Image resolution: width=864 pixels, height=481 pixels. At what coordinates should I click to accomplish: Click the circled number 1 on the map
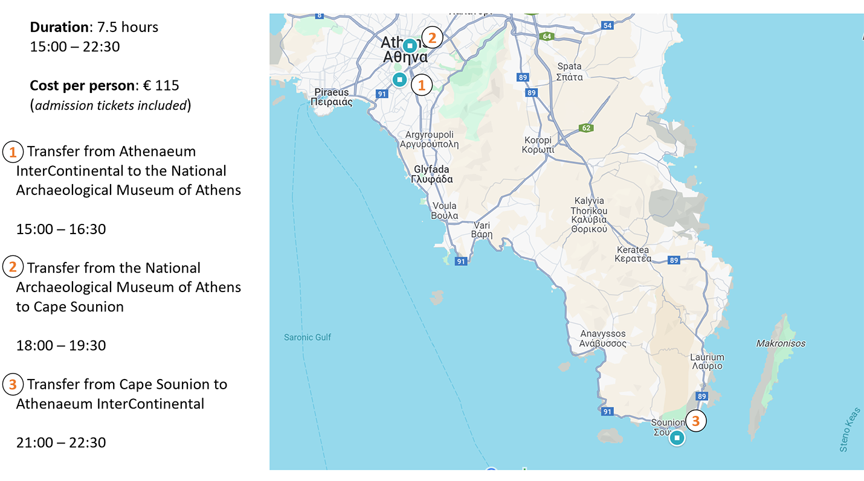click(x=422, y=85)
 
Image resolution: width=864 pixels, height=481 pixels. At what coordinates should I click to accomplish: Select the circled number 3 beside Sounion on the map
click(x=695, y=421)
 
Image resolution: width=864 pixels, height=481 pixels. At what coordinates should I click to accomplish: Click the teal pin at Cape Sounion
click(x=677, y=438)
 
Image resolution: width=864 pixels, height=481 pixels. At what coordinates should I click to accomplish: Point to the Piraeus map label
click(x=331, y=97)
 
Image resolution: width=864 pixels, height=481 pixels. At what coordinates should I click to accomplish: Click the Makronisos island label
click(x=780, y=343)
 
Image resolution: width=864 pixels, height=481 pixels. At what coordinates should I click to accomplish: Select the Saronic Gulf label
click(x=308, y=337)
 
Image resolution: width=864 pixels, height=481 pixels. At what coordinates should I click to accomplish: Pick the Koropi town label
click(x=538, y=145)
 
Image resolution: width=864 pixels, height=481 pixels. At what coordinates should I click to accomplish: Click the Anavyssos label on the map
click(x=603, y=339)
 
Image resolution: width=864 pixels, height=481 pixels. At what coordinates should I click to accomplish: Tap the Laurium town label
click(x=707, y=362)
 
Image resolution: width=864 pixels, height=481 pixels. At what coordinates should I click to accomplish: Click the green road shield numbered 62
click(x=585, y=128)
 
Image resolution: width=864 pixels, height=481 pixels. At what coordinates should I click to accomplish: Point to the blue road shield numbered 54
click(x=607, y=25)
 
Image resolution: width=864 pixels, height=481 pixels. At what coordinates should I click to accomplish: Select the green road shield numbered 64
click(x=547, y=36)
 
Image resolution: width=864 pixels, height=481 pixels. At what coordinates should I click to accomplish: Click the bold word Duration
click(x=59, y=27)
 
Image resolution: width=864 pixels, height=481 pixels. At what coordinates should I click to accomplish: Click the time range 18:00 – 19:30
click(x=61, y=345)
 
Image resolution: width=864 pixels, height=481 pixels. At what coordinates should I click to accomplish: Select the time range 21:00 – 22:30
click(x=61, y=442)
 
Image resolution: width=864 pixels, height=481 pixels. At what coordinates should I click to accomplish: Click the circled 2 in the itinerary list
click(x=13, y=267)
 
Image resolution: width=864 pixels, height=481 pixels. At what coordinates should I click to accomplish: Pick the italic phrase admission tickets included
click(x=110, y=106)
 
